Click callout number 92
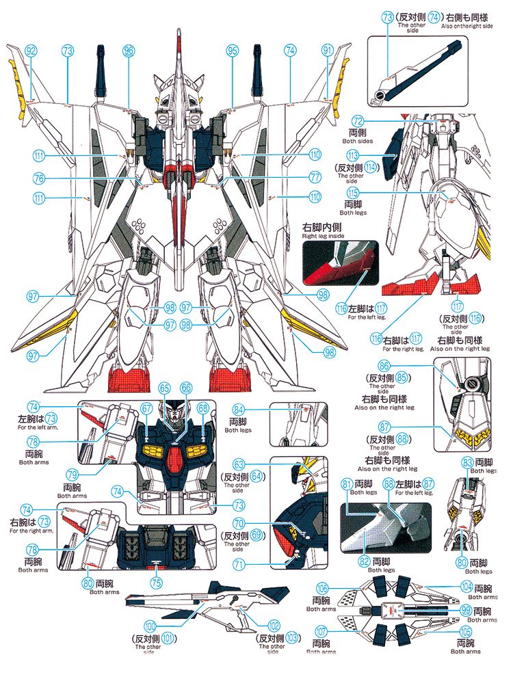tap(31, 50)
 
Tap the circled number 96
tap(129, 50)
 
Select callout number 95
tap(233, 50)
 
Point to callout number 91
tap(328, 50)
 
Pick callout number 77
tap(315, 176)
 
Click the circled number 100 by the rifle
tap(150, 624)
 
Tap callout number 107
tap(321, 631)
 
